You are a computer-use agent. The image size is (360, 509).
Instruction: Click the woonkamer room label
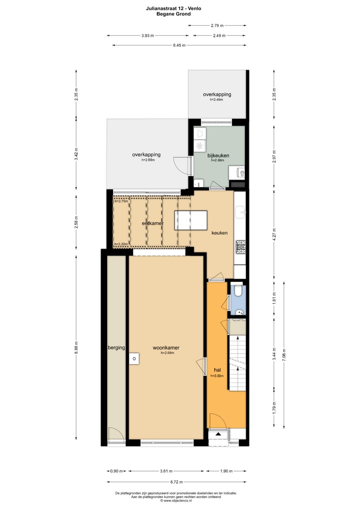click(x=166, y=347)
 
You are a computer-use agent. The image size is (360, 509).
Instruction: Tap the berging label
click(x=116, y=348)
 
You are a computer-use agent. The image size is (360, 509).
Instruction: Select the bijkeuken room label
click(x=218, y=156)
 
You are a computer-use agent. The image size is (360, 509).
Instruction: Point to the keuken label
click(x=219, y=233)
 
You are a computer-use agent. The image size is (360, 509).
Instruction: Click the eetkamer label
click(x=153, y=223)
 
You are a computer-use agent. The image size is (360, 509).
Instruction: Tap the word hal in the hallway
click(x=217, y=370)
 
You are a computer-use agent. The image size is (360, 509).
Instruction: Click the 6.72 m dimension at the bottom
click(x=176, y=482)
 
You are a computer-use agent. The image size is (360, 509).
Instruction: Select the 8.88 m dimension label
click(x=76, y=347)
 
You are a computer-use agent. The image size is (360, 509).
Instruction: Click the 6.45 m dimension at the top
click(x=179, y=45)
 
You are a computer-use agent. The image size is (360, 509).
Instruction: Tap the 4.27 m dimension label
click(x=274, y=234)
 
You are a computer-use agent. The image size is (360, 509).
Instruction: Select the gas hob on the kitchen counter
click(x=241, y=247)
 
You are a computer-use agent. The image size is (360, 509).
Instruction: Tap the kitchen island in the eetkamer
click(x=191, y=221)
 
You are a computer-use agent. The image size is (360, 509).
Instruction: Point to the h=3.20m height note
click(x=121, y=244)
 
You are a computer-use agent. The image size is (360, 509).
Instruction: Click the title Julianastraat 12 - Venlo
click(x=173, y=8)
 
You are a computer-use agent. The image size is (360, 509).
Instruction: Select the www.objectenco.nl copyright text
click(x=176, y=501)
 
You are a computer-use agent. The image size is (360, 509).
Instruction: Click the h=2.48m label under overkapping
click(x=216, y=100)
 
